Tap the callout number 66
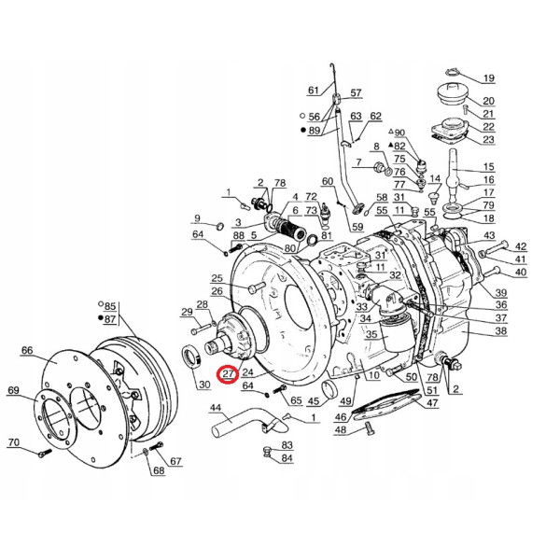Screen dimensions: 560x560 point(26,351)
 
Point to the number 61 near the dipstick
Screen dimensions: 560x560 point(313,91)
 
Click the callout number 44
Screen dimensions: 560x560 point(215,408)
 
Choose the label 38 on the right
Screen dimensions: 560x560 point(501,331)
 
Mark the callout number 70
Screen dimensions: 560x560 point(13,442)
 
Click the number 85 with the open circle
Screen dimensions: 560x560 point(110,306)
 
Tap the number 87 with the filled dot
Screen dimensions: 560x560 point(110,318)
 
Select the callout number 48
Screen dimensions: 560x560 point(341,429)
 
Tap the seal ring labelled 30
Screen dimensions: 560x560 point(191,356)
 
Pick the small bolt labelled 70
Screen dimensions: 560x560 point(43,455)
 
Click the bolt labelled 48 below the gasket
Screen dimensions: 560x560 point(369,429)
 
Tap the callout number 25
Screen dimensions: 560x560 point(217,278)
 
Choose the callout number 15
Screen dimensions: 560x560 point(488,167)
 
